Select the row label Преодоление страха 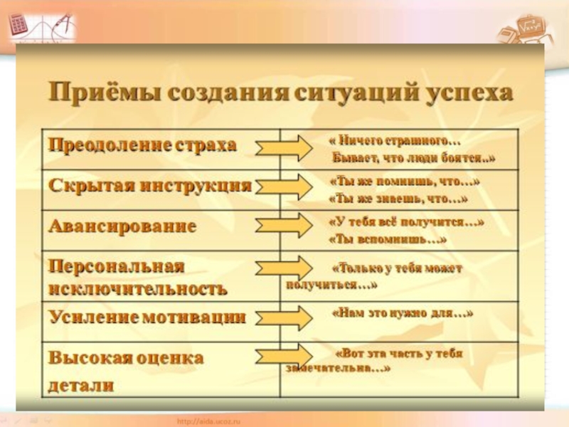142,145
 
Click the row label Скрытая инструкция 150,186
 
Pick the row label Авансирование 122,227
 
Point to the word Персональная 117,265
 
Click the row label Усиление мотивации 147,317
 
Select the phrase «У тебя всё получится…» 406,222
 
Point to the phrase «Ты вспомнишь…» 388,240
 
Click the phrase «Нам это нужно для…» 403,312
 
